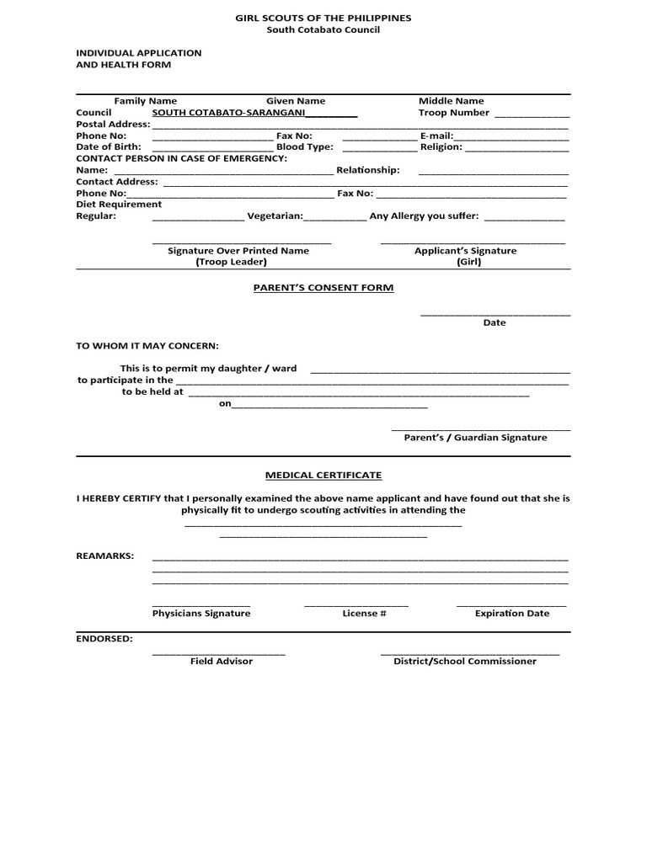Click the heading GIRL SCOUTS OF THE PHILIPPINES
point(323,18)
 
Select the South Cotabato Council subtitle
point(323,29)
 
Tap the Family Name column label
point(146,101)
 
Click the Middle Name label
point(452,101)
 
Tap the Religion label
point(441,147)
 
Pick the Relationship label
point(367,170)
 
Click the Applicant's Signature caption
point(465,251)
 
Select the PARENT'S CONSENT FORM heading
point(323,288)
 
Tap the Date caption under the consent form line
point(495,323)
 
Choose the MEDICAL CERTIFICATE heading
point(323,476)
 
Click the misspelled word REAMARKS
point(105,556)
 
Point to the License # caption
point(364,614)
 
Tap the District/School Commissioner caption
point(465,662)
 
